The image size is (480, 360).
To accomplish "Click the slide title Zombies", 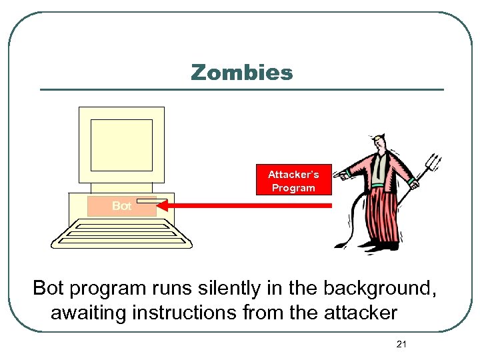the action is pyautogui.click(x=241, y=72).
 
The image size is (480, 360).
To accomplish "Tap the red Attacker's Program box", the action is pyautogui.click(x=293, y=180).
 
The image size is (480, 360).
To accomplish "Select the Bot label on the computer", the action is pyautogui.click(x=122, y=206).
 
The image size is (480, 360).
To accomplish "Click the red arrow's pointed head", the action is pyautogui.click(x=165, y=206).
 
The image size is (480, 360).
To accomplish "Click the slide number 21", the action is pyautogui.click(x=401, y=344).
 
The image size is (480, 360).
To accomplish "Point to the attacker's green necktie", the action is pyautogui.click(x=378, y=171).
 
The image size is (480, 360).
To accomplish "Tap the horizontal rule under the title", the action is pyautogui.click(x=241, y=89).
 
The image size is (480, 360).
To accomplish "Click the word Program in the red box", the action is pyautogui.click(x=293, y=188).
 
